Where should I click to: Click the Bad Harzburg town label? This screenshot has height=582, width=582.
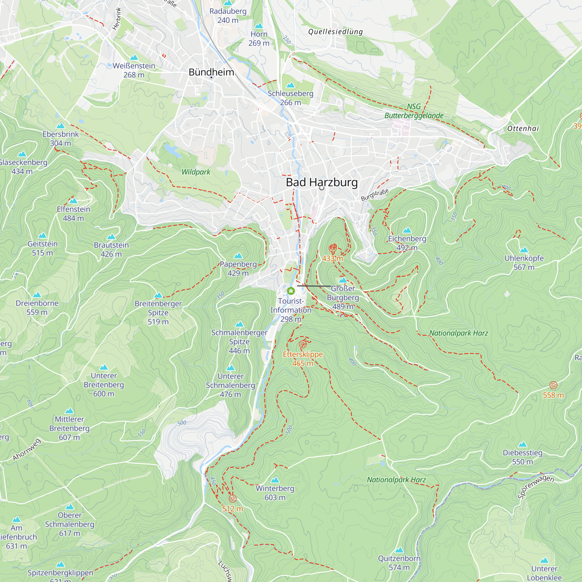(x=322, y=182)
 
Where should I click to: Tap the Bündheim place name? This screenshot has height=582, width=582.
(x=211, y=72)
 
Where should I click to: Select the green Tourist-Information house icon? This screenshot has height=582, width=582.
(x=291, y=291)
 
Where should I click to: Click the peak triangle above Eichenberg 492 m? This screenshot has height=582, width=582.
(x=407, y=230)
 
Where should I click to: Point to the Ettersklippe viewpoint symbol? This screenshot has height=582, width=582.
(x=303, y=344)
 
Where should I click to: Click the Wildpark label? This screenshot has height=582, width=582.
(x=196, y=172)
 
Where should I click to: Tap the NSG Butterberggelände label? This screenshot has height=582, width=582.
(x=414, y=111)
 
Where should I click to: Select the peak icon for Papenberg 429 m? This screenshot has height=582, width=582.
(x=238, y=256)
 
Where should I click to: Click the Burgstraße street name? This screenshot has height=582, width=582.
(x=375, y=195)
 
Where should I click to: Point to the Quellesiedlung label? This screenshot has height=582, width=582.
(x=335, y=32)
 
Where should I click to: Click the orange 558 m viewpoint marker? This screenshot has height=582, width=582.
(x=553, y=385)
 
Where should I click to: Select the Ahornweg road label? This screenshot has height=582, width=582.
(x=26, y=450)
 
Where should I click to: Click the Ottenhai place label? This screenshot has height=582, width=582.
(x=523, y=129)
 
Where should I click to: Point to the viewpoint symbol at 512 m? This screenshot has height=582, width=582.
(x=233, y=498)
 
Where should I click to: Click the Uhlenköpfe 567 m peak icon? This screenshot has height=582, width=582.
(x=524, y=250)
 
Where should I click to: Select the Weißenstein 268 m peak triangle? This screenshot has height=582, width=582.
(x=134, y=58)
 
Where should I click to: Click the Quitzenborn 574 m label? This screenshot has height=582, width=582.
(x=399, y=563)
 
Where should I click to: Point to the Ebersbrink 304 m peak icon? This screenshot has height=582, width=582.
(x=61, y=126)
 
